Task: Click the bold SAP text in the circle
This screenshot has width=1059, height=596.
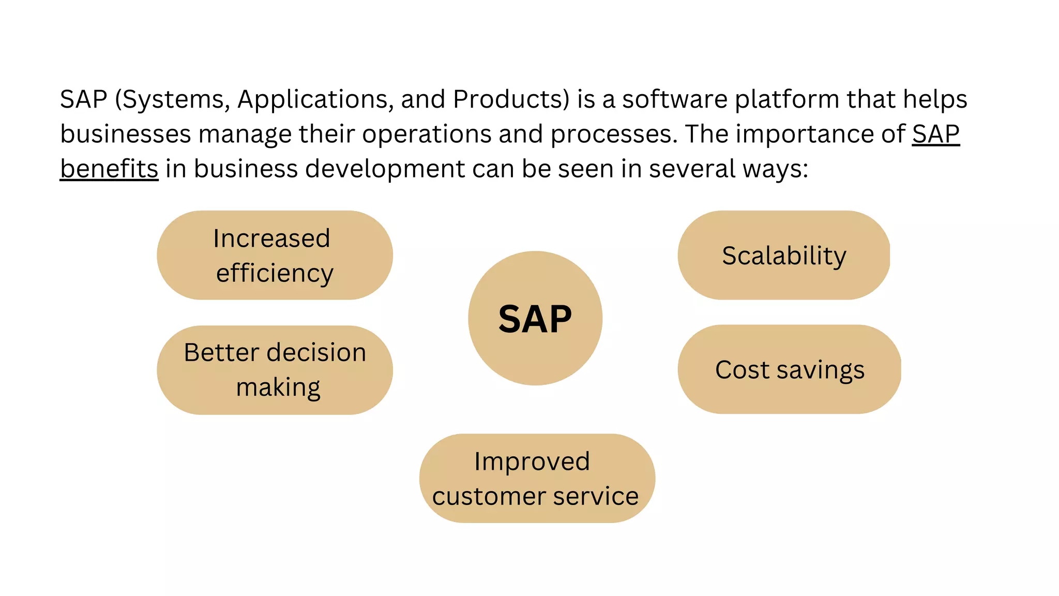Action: click(535, 319)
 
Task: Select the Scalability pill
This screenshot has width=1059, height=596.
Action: click(783, 256)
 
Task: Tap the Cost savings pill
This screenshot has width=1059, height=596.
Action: click(789, 370)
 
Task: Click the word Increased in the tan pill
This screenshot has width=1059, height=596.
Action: click(271, 239)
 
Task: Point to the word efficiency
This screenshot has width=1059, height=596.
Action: click(275, 273)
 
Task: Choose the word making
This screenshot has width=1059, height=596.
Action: click(278, 388)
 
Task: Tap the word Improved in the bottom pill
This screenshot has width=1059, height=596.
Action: click(532, 461)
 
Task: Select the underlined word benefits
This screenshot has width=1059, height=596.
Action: click(109, 169)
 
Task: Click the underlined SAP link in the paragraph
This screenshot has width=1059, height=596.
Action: click(935, 134)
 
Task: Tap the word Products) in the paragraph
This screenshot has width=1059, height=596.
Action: click(511, 99)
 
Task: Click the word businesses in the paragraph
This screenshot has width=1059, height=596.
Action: click(126, 134)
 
